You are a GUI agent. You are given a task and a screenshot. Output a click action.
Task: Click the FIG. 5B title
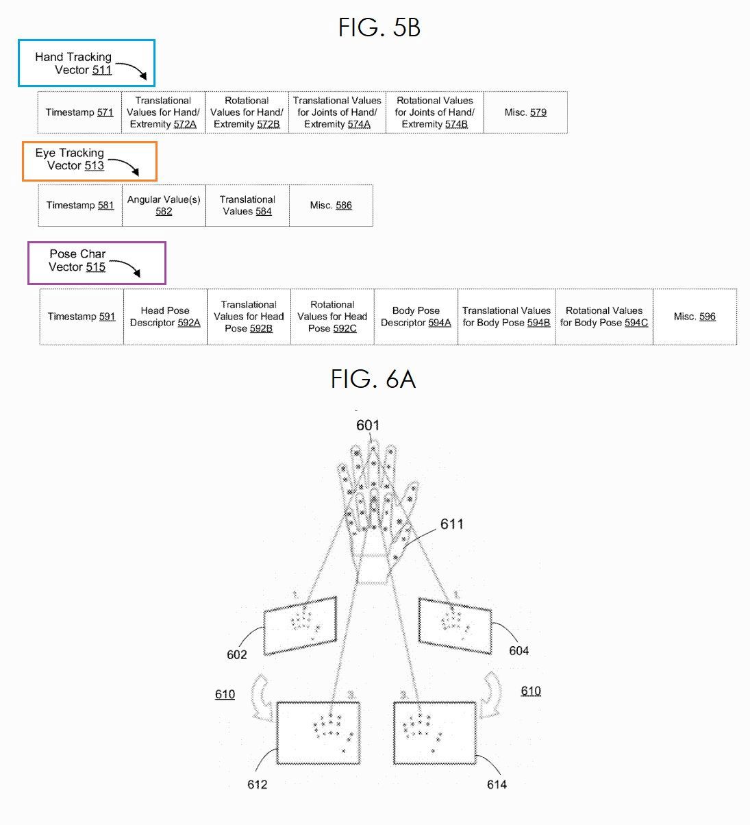(x=379, y=27)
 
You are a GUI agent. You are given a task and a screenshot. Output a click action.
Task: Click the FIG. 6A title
(x=373, y=379)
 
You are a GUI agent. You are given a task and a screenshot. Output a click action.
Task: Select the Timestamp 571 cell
(x=79, y=112)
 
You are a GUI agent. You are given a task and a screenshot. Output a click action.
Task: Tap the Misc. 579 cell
(x=525, y=112)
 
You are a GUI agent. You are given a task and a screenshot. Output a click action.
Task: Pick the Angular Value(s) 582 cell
(x=164, y=205)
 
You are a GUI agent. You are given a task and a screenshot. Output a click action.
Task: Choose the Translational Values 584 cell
(x=247, y=205)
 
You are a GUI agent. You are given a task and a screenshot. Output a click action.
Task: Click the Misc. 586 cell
(x=331, y=205)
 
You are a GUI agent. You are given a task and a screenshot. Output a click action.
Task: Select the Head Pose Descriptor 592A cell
(x=165, y=317)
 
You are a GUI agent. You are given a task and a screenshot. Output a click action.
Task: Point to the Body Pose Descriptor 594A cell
(x=416, y=317)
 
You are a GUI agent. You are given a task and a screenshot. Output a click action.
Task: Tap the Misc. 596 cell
(x=695, y=317)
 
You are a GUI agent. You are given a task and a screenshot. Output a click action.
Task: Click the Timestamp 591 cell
(x=82, y=317)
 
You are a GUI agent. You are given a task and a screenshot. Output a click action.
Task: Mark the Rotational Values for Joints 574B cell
(x=435, y=112)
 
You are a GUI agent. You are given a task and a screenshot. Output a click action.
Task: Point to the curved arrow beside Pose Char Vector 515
(x=127, y=265)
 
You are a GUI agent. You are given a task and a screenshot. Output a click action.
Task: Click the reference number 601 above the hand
(x=368, y=426)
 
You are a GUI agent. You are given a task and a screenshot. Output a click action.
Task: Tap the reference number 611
(x=452, y=524)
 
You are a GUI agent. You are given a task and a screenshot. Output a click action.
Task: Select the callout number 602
(x=237, y=654)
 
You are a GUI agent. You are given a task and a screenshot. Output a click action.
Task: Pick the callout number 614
(x=497, y=785)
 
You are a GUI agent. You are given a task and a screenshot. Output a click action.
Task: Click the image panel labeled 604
(x=455, y=626)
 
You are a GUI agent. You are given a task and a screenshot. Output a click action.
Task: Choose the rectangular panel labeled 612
(x=318, y=733)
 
